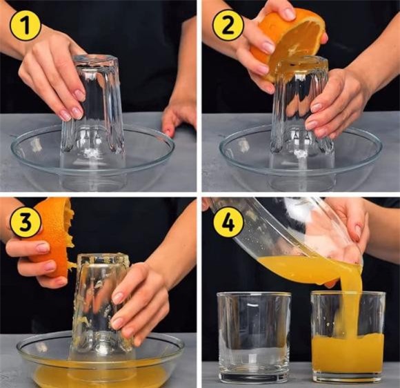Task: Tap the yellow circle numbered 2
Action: pos(228,25)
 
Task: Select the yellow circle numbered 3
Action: pos(26,221)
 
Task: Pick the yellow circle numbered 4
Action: pos(228,221)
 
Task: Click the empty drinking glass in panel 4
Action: pos(254,336)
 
